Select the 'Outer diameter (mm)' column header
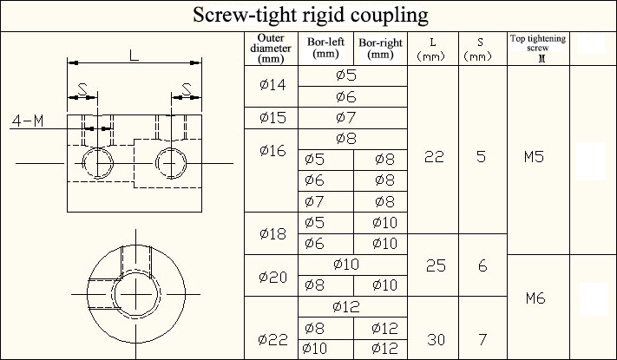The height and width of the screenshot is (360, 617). (x=271, y=49)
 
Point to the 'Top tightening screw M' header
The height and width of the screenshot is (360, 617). (x=538, y=49)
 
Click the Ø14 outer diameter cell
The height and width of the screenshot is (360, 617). (x=271, y=85)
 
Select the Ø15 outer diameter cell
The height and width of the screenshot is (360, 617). (x=271, y=117)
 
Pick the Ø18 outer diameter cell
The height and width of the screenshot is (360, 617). (x=271, y=233)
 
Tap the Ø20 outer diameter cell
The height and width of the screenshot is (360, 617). (x=271, y=276)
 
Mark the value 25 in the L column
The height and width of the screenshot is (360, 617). (x=436, y=265)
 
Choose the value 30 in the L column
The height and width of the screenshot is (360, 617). (x=436, y=339)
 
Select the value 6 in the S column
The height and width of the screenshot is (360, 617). (x=482, y=265)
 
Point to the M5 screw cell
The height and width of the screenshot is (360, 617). (x=538, y=158)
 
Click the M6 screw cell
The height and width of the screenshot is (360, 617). (x=538, y=298)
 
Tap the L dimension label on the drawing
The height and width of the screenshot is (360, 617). (x=134, y=55)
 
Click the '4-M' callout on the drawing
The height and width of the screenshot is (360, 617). (x=28, y=121)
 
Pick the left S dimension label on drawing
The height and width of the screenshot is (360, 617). (x=82, y=88)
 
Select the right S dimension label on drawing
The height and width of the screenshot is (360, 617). (x=187, y=88)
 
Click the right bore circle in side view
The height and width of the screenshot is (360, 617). (x=170, y=162)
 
